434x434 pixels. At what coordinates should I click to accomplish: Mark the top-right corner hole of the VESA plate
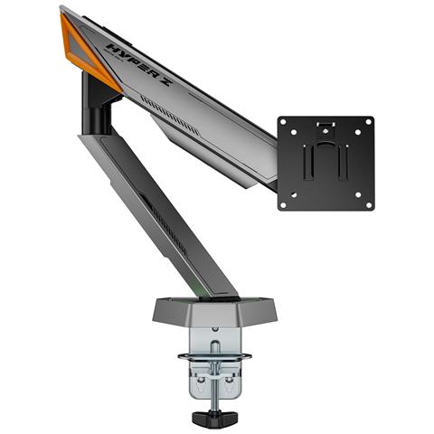(367, 123)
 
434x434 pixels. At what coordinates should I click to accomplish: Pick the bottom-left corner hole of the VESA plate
(284, 204)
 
